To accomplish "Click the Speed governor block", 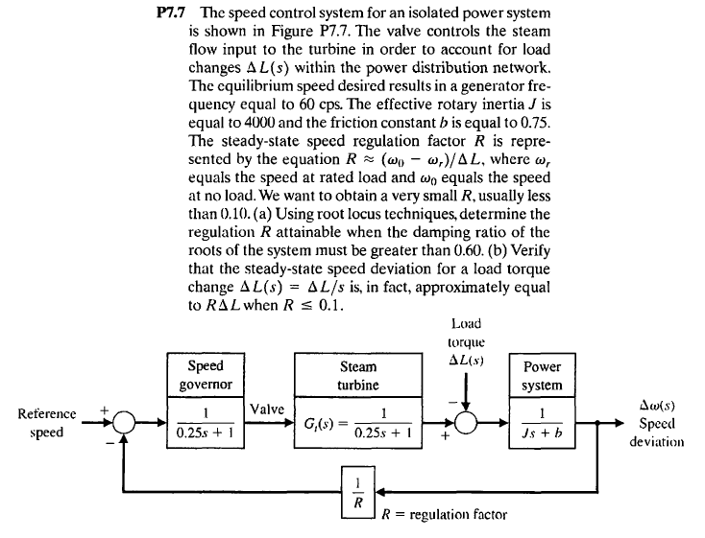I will pos(205,398).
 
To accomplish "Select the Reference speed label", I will pos(47,423).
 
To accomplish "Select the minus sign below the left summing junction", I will pos(112,445).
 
